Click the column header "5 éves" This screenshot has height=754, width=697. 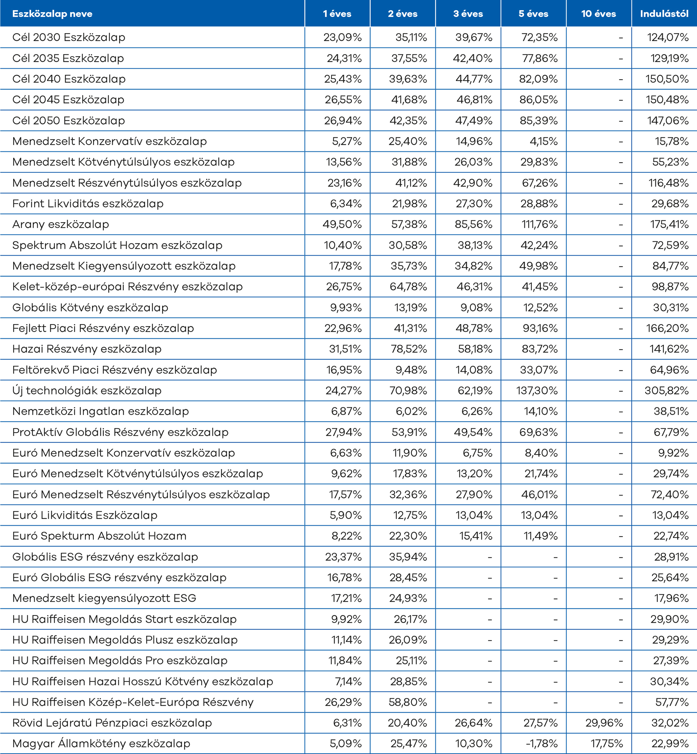(x=533, y=14)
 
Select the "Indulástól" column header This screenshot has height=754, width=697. (x=664, y=14)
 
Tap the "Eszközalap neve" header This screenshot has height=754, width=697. (x=52, y=14)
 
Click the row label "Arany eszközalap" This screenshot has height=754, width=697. (x=61, y=225)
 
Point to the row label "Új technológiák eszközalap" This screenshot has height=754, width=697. (x=87, y=391)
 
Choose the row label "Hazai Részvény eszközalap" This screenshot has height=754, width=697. (x=87, y=349)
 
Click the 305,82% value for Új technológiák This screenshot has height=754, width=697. (x=666, y=391)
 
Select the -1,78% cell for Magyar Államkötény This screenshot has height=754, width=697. (x=542, y=744)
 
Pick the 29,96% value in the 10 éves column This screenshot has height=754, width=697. (x=604, y=723)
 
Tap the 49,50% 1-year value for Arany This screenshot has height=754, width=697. (x=342, y=225)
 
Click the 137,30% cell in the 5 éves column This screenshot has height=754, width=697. (x=537, y=391)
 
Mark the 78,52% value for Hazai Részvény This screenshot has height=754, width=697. (x=408, y=349)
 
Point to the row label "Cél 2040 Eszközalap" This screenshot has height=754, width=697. (x=69, y=79)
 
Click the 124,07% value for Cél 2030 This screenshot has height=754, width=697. (x=668, y=37)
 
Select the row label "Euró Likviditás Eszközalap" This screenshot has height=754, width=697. (x=85, y=515)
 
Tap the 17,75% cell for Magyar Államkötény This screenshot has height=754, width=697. (x=606, y=744)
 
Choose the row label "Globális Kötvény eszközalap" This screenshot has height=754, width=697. (x=90, y=308)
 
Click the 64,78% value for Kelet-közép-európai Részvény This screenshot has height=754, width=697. (x=408, y=287)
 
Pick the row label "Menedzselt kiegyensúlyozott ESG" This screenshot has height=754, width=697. (x=104, y=598)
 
